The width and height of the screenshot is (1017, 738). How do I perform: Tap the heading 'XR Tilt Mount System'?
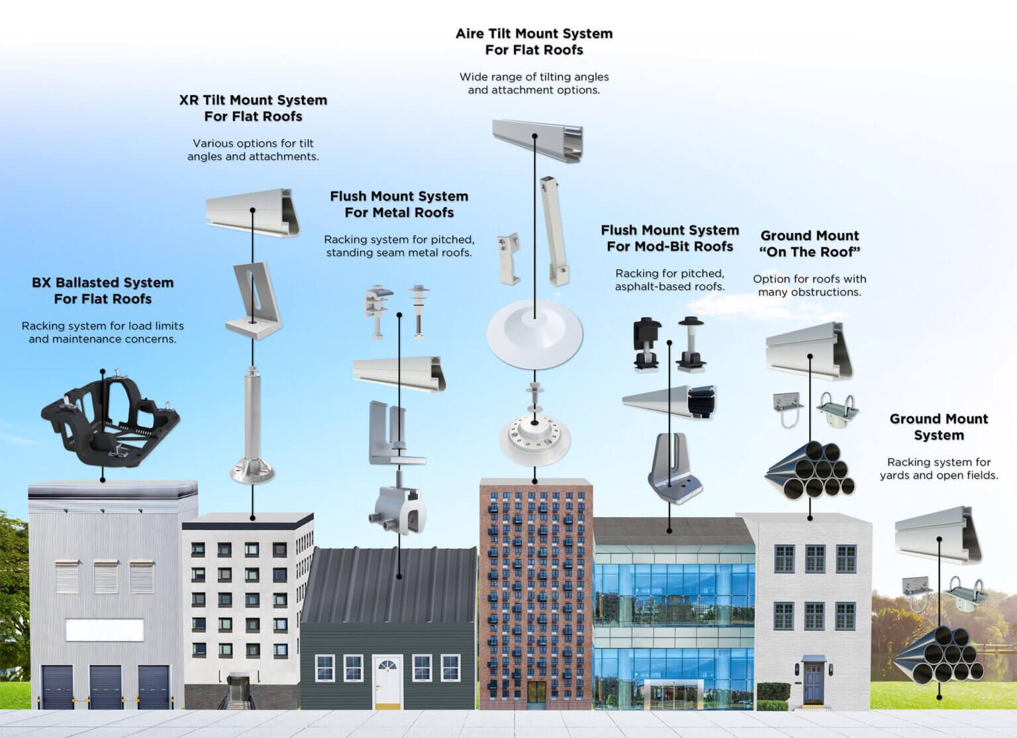253,100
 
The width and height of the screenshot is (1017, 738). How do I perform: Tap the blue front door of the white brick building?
812,681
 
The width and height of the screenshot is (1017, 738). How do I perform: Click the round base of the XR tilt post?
252,471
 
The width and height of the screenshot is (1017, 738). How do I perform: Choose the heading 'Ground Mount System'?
938,427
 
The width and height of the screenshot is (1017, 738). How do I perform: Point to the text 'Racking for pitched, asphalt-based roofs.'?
669,279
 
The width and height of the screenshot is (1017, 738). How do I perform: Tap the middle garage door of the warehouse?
105,687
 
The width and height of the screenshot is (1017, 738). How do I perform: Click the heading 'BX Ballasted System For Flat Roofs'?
103,291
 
